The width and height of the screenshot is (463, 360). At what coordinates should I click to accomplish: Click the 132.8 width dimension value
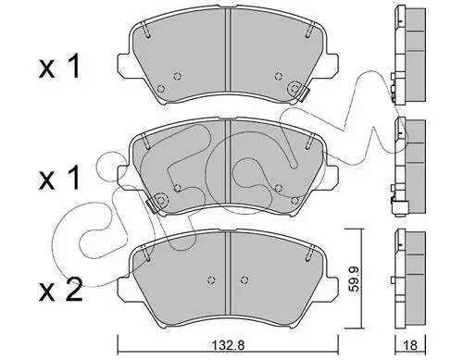click(x=229, y=345)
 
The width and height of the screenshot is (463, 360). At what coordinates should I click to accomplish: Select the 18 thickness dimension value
click(x=410, y=345)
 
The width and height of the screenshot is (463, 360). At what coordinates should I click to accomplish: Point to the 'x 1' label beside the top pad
click(x=59, y=66)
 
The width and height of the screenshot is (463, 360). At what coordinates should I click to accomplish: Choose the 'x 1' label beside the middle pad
click(x=59, y=178)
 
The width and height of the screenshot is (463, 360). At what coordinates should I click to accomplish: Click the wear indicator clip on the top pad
click(x=304, y=93)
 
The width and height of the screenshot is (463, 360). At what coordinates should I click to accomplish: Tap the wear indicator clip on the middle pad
click(x=151, y=205)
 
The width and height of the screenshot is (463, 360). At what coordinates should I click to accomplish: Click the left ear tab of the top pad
click(x=123, y=65)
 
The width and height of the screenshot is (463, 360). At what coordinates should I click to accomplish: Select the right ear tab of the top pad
click(x=332, y=65)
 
